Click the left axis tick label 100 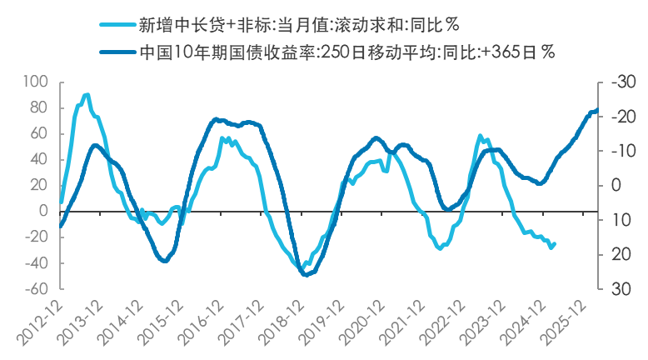36,82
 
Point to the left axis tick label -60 36,289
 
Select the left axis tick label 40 38,159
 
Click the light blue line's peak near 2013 87,95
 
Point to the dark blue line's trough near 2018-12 304,274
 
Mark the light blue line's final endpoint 555,243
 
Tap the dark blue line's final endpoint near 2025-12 597,110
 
